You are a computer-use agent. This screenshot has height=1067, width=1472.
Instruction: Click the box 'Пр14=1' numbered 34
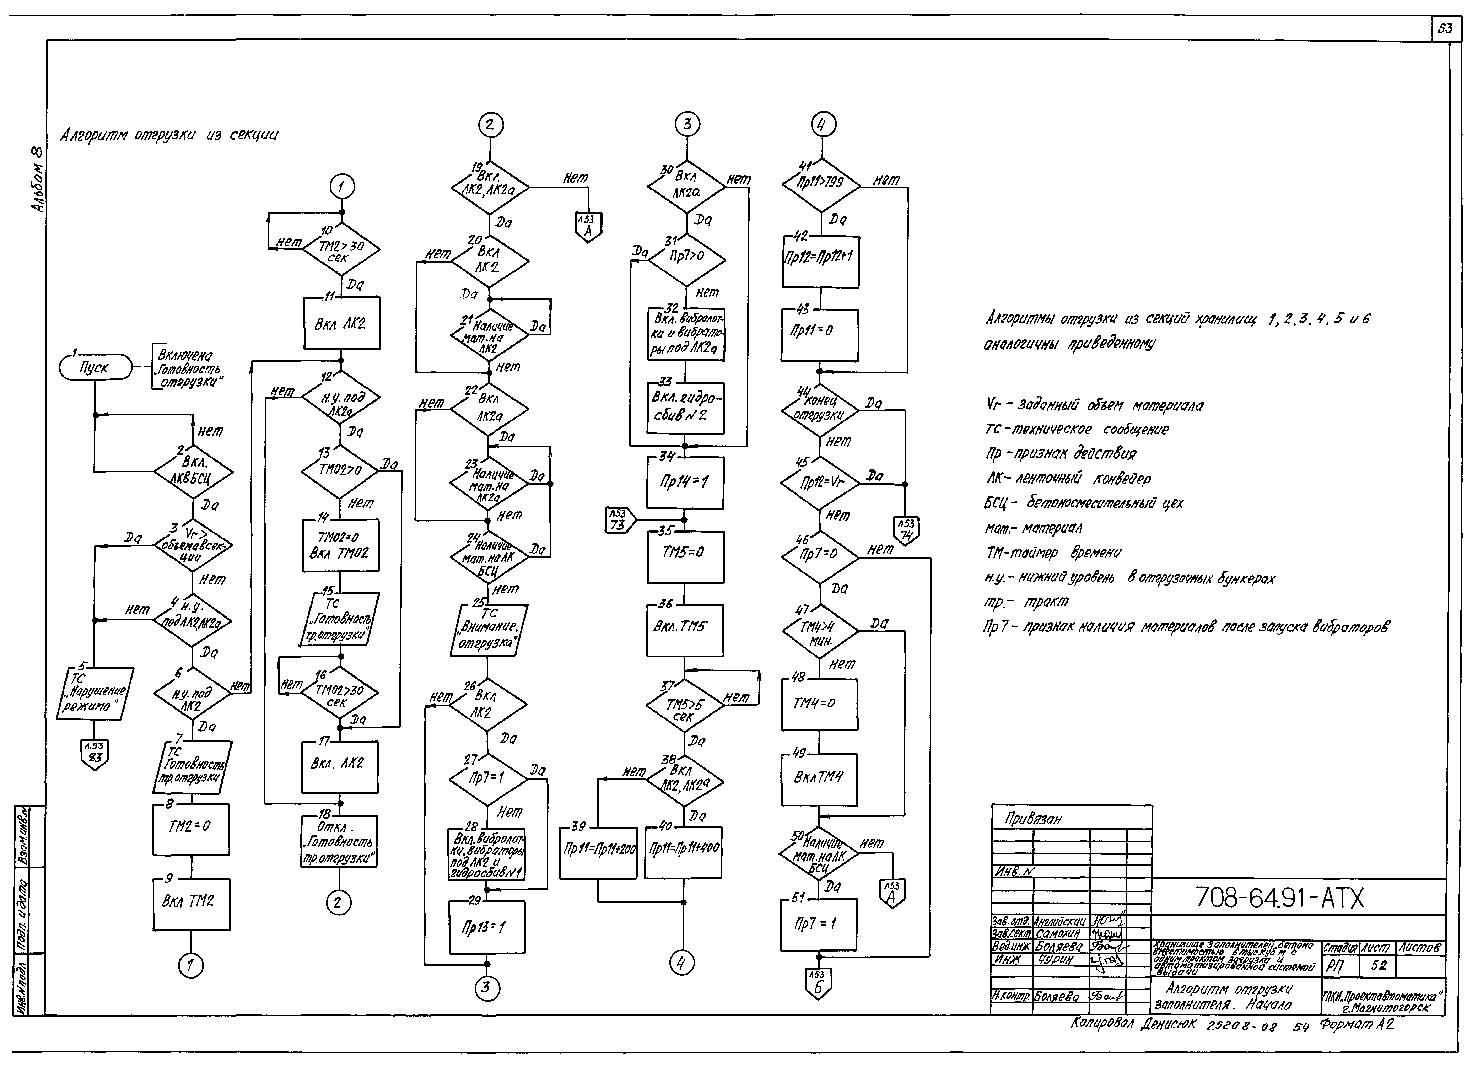685,483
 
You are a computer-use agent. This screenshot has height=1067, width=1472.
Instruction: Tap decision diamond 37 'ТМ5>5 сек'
685,706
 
